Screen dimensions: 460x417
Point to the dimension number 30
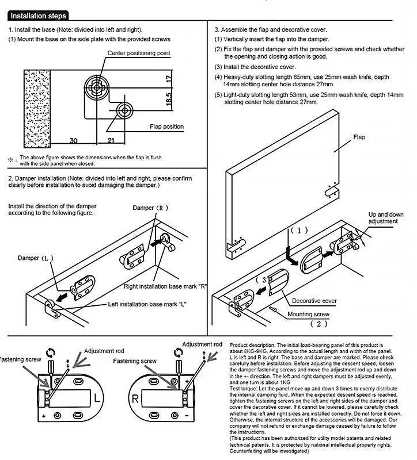pos(74,140)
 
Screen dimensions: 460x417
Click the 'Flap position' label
pos(167,126)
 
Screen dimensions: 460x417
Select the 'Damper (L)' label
pos(35,258)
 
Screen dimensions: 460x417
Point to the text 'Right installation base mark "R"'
pos(165,286)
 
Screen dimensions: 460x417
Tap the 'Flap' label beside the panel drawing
pos(360,138)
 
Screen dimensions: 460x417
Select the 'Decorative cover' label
pos(314,301)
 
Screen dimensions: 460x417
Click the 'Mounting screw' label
pos(309,315)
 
